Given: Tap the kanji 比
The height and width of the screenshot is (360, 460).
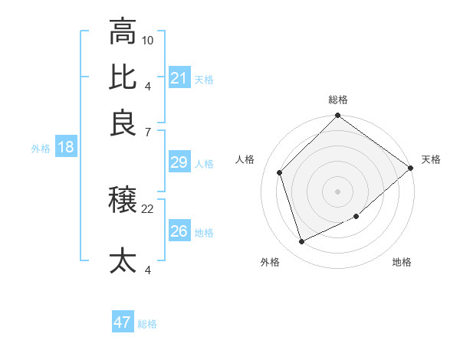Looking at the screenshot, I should tap(123, 77).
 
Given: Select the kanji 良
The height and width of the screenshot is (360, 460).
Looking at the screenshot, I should tap(123, 123).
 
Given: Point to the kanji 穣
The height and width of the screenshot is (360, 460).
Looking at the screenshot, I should tap(123, 201).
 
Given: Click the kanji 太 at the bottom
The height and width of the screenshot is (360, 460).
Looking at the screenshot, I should tap(123, 260).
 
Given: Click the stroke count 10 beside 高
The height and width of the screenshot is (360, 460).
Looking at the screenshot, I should tap(148, 39).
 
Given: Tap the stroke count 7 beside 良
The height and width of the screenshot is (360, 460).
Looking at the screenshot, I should tap(147, 132).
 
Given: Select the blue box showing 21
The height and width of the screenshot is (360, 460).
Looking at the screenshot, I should tap(179, 78).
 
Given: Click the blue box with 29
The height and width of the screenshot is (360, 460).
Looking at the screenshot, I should tap(179, 162).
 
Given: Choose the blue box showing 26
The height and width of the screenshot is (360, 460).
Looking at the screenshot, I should tap(179, 231).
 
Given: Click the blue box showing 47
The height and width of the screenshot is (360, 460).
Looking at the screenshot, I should tap(123, 322).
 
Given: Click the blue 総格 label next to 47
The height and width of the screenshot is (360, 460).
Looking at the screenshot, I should tap(147, 324).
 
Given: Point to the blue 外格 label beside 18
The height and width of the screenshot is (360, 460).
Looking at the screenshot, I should tap(41, 149).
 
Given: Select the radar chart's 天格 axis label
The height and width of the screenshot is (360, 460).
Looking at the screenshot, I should tap(431, 159).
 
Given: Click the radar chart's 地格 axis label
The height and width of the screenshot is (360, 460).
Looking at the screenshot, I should tap(402, 262).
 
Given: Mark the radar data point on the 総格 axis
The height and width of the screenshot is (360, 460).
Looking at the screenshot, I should tap(338, 116).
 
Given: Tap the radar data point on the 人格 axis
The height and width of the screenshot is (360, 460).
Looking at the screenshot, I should tap(280, 172).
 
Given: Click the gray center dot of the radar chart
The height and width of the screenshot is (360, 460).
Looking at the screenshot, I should tap(338, 191).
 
